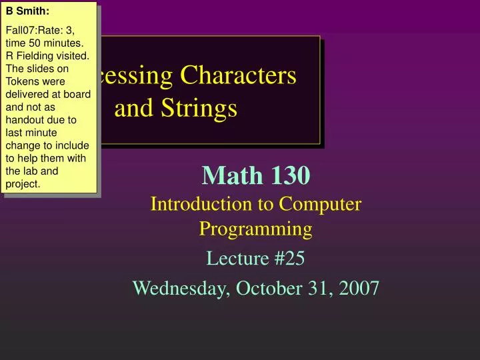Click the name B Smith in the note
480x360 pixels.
(27, 11)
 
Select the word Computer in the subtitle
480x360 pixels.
(322, 204)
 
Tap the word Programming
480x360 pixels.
(256, 229)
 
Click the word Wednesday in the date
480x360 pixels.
(178, 288)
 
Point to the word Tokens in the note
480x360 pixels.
(21, 81)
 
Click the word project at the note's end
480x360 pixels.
(23, 183)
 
